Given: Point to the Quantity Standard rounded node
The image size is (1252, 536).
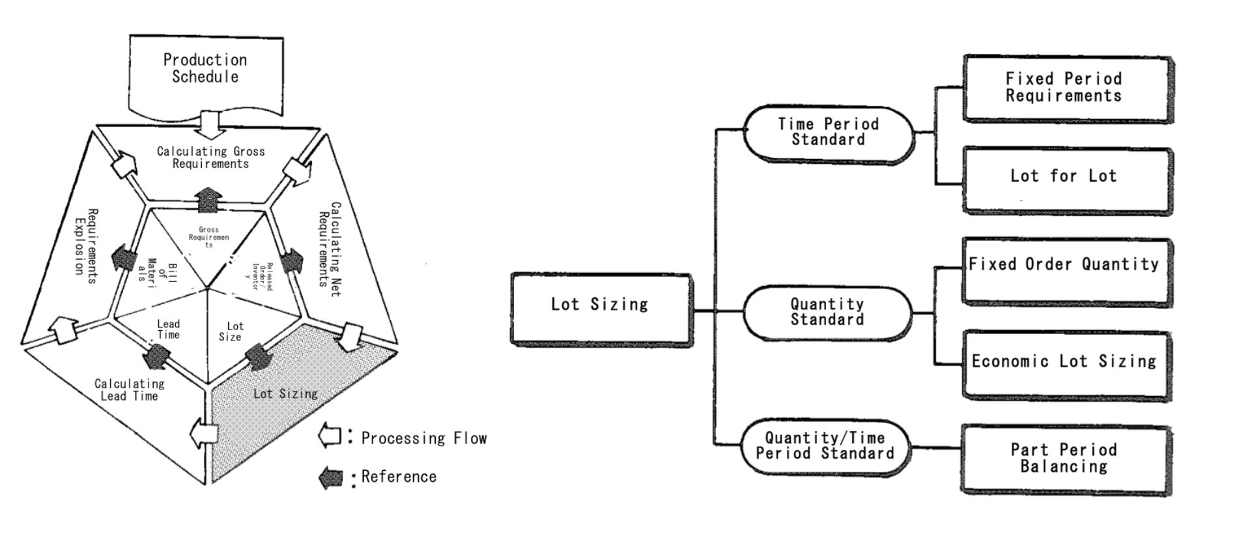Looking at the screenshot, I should (x=827, y=312).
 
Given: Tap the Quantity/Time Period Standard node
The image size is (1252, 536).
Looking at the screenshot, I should (x=825, y=446).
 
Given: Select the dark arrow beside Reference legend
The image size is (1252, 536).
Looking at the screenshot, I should (x=331, y=477).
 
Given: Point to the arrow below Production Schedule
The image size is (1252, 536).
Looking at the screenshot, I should (x=211, y=123).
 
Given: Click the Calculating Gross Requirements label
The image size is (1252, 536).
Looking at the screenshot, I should (x=210, y=158).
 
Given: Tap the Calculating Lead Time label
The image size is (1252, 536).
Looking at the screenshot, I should (x=129, y=389).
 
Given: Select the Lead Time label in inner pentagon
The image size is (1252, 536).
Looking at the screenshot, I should (x=168, y=329).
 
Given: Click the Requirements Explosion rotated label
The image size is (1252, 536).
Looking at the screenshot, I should (x=85, y=246).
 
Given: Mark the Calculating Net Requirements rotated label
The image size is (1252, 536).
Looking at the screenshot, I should (x=329, y=249).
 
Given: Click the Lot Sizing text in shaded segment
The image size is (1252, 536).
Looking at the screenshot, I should (x=285, y=393).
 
